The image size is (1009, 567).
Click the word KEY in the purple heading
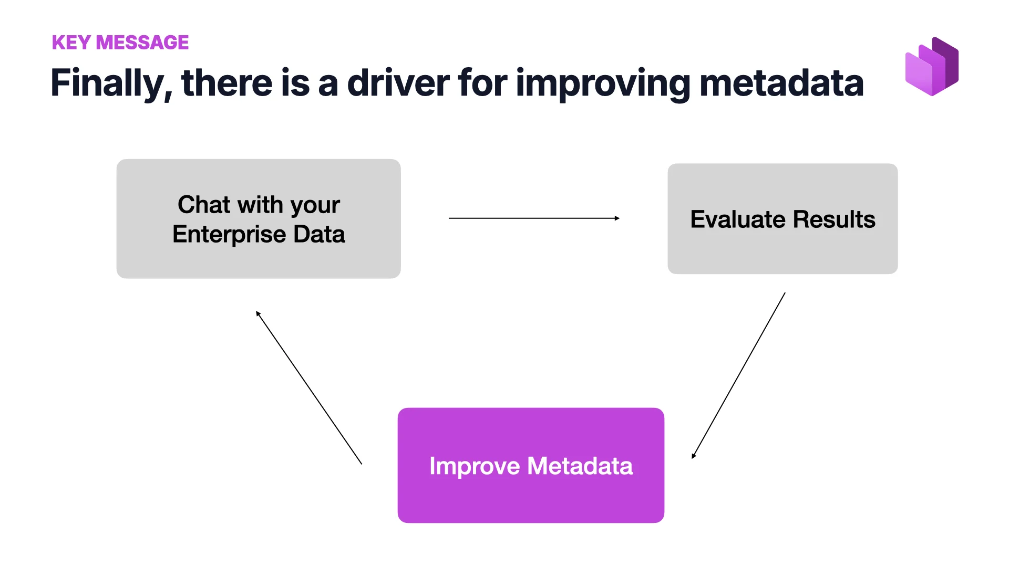(71, 43)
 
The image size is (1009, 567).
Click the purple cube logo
(932, 67)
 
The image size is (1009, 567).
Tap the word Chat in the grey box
(204, 204)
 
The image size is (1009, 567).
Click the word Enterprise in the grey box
(229, 234)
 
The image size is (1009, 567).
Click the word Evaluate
(737, 219)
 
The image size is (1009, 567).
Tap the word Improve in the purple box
(474, 466)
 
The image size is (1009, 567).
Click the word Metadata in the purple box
(580, 466)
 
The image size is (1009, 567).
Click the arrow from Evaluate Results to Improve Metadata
(738, 375)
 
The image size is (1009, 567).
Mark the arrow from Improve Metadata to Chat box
(309, 387)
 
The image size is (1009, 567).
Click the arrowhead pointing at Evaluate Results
(617, 218)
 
